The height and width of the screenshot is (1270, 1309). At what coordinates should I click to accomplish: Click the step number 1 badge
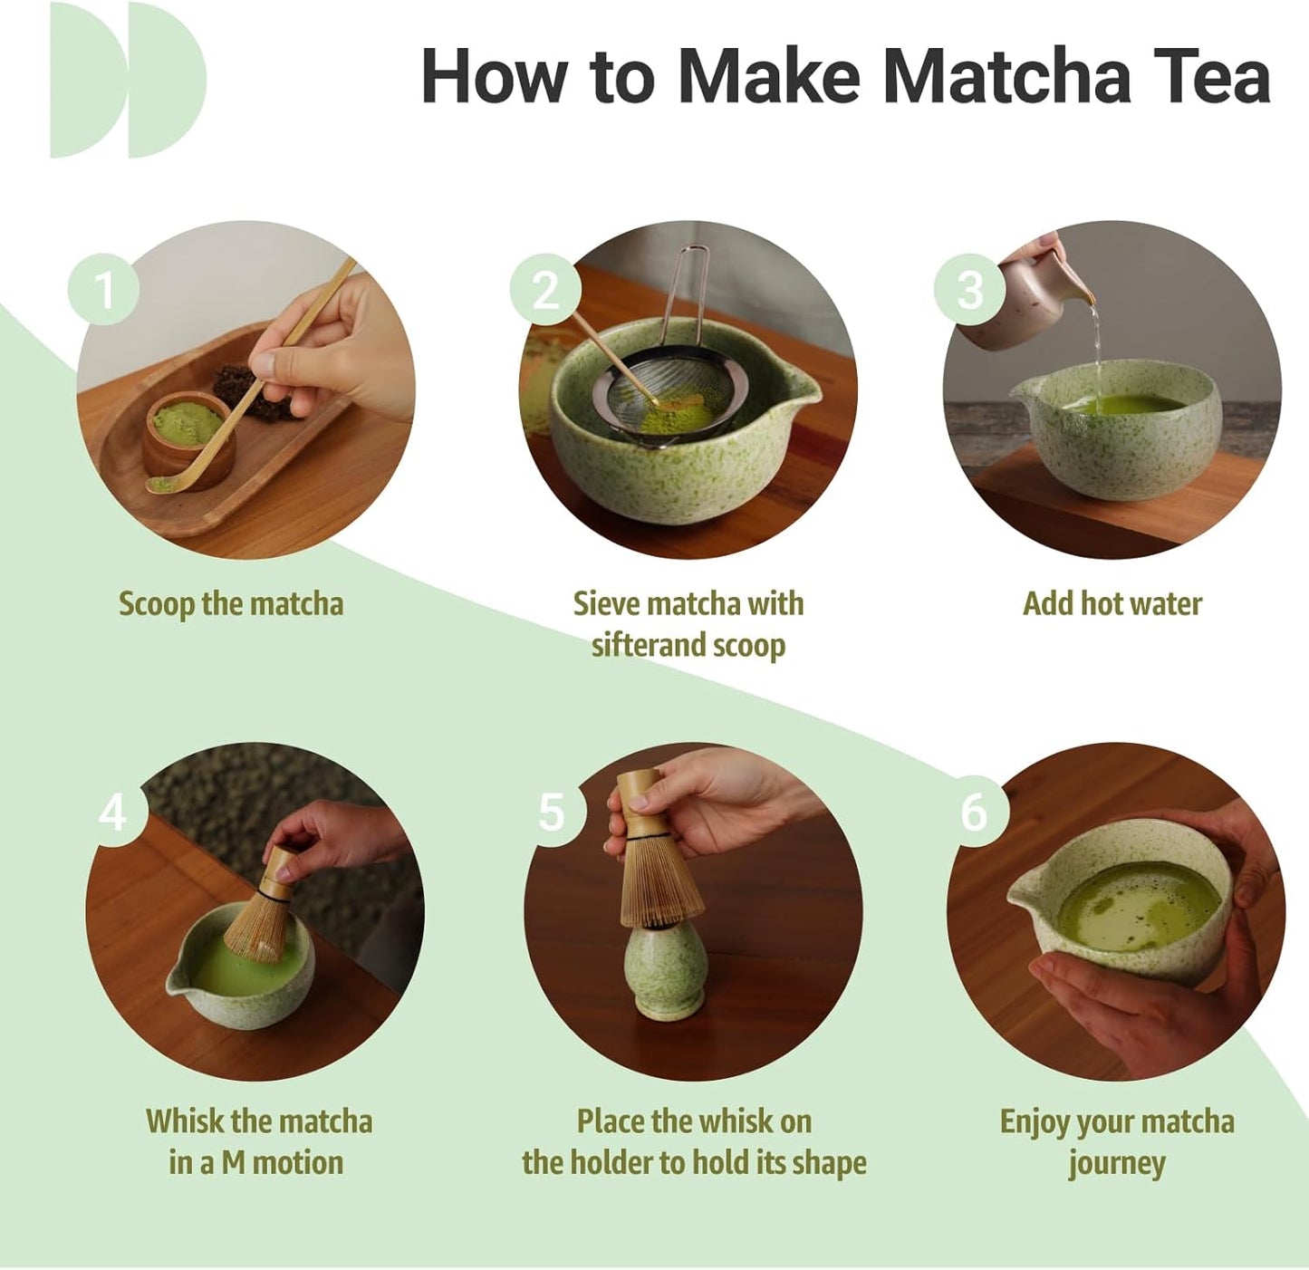click(x=103, y=290)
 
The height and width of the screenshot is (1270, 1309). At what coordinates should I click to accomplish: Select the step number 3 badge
click(x=970, y=290)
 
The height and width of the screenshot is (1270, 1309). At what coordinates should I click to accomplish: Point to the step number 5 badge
click(x=551, y=812)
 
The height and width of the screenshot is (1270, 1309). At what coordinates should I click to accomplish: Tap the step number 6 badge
click(x=974, y=812)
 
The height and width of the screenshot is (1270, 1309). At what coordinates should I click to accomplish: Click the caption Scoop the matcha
click(x=231, y=604)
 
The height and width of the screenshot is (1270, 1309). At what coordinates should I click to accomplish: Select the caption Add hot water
click(x=1112, y=604)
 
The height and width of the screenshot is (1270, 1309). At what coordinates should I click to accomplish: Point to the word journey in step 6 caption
click(x=1116, y=1163)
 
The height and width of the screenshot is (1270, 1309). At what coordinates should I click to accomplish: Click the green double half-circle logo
click(x=127, y=80)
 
